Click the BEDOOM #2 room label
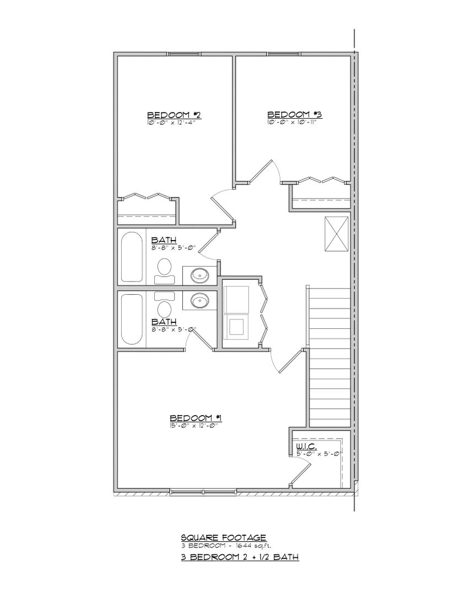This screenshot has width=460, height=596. tap(174, 115)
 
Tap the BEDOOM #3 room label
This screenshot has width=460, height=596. tap(294, 115)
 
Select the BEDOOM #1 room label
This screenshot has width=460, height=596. tap(196, 418)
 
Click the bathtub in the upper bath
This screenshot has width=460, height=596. tap(132, 256)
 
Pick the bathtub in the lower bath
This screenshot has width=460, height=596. tap(132, 320)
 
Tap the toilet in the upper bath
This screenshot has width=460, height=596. tap(164, 268)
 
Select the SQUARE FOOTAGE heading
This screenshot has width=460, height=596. tap(224, 536)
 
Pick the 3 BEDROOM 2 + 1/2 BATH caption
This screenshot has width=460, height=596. tap(240, 557)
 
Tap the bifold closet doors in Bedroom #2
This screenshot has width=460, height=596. tap(147, 196)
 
